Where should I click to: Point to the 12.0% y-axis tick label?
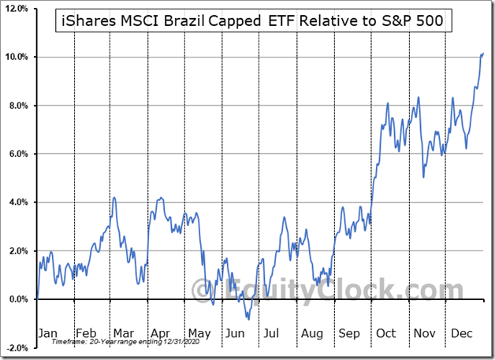(x=17, y=9)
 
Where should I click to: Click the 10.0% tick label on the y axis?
(x=17, y=58)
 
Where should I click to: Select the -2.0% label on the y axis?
(x=17, y=347)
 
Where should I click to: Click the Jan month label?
(x=49, y=333)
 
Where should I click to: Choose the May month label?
(x=199, y=333)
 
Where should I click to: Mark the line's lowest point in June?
(x=248, y=319)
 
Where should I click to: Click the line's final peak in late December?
(x=483, y=53)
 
